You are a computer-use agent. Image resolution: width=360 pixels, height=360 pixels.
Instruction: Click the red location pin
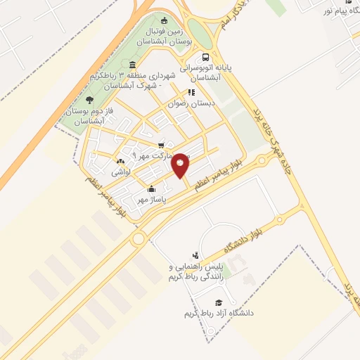(x=181, y=165)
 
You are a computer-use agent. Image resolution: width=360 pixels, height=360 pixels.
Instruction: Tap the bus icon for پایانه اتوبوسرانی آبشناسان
(x=205, y=58)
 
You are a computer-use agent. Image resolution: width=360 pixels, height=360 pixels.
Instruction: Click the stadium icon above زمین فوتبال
(x=165, y=20)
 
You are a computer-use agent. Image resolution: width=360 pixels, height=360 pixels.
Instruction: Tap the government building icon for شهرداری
(x=133, y=65)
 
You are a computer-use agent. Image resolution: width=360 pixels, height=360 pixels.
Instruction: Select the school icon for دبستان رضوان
(x=191, y=92)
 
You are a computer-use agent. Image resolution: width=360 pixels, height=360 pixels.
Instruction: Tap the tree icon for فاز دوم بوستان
(x=89, y=100)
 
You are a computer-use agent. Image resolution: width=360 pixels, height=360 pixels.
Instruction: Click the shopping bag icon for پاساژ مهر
(x=150, y=188)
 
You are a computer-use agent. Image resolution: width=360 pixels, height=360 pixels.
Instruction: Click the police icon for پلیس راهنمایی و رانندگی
(x=195, y=255)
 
